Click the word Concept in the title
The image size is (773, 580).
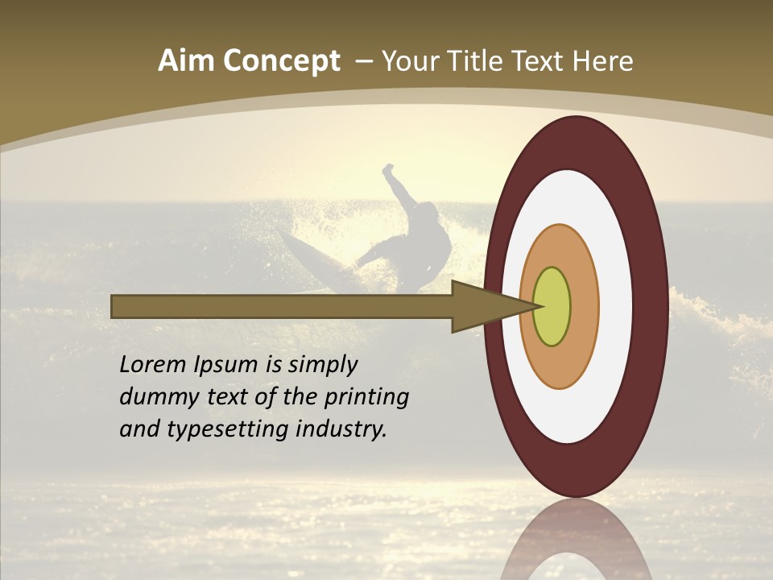(x=280, y=61)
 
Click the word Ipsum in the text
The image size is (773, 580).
(x=225, y=366)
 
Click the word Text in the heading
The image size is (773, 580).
(x=537, y=61)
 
